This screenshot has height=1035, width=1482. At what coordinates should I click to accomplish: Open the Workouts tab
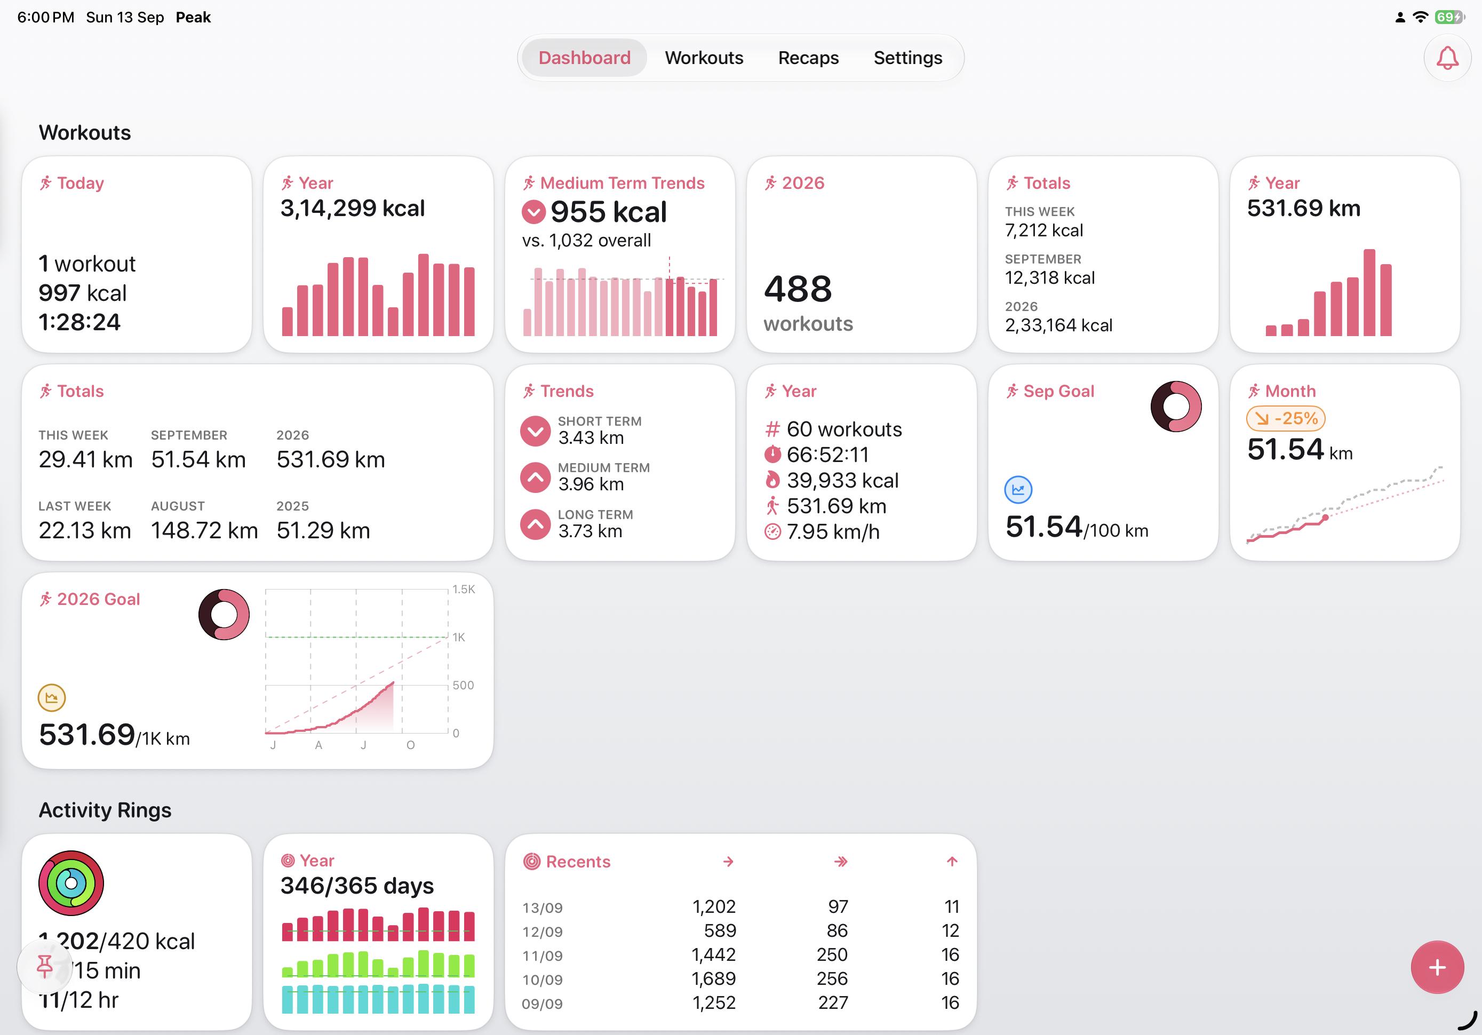(704, 58)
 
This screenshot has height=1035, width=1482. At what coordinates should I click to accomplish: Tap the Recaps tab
(808, 58)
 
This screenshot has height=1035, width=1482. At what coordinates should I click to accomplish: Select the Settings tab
(907, 58)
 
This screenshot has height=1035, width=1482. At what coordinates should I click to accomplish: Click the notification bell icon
(1447, 58)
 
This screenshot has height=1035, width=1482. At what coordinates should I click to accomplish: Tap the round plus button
(1437, 967)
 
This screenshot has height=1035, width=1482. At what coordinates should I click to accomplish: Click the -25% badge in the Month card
(1286, 418)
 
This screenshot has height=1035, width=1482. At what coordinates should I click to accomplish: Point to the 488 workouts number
(798, 289)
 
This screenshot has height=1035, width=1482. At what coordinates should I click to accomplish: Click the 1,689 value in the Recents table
(713, 979)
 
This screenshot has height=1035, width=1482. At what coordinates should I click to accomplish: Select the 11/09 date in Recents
(542, 956)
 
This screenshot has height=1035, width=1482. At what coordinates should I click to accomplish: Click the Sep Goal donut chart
(1176, 407)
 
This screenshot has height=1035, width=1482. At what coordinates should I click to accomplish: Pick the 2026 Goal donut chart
(224, 615)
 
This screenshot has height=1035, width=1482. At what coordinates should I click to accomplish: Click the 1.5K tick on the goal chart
(464, 590)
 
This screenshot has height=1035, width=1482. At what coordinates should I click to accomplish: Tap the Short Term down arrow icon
(535, 431)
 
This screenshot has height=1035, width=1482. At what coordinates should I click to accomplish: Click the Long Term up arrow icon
(535, 524)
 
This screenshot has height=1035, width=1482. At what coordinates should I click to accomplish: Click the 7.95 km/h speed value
(833, 532)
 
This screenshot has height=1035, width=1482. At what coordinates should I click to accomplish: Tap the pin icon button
(44, 967)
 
